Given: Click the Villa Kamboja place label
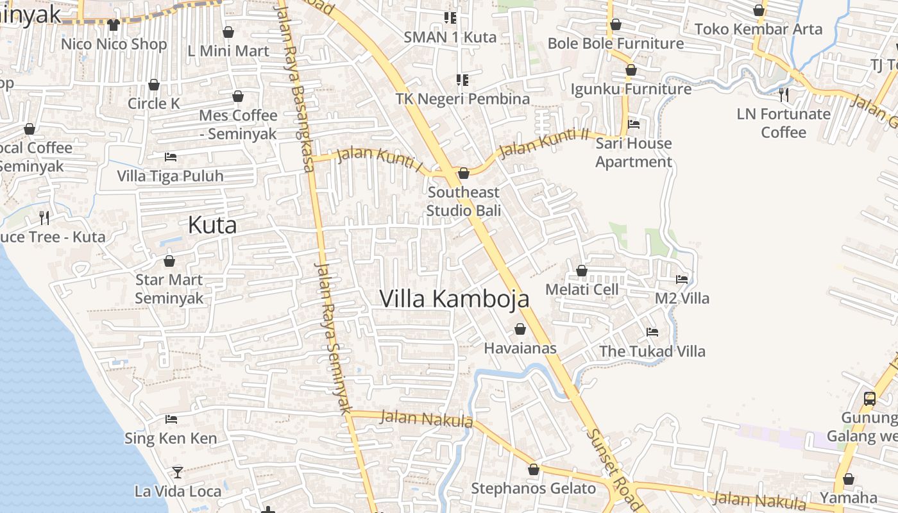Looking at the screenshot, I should click(454, 299).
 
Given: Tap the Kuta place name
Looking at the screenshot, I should click(212, 225).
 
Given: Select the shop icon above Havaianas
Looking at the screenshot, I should click(520, 330).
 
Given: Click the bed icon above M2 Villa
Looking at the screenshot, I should click(682, 280).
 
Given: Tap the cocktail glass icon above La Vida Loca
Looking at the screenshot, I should click(178, 473).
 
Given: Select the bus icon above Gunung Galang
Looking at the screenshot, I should click(869, 398).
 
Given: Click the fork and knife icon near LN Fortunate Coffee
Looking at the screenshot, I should click(783, 95).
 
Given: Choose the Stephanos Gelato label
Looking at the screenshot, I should click(534, 489).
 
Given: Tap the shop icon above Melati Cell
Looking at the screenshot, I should click(582, 271).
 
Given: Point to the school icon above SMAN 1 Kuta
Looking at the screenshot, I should click(450, 18).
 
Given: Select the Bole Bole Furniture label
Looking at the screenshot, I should click(616, 44).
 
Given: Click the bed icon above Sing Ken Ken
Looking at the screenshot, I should click(171, 419).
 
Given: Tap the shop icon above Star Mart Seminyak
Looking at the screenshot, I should click(169, 261).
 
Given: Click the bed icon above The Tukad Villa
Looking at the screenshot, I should click(652, 332).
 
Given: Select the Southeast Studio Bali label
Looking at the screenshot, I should click(464, 201).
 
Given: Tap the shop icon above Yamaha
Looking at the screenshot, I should click(849, 480).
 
